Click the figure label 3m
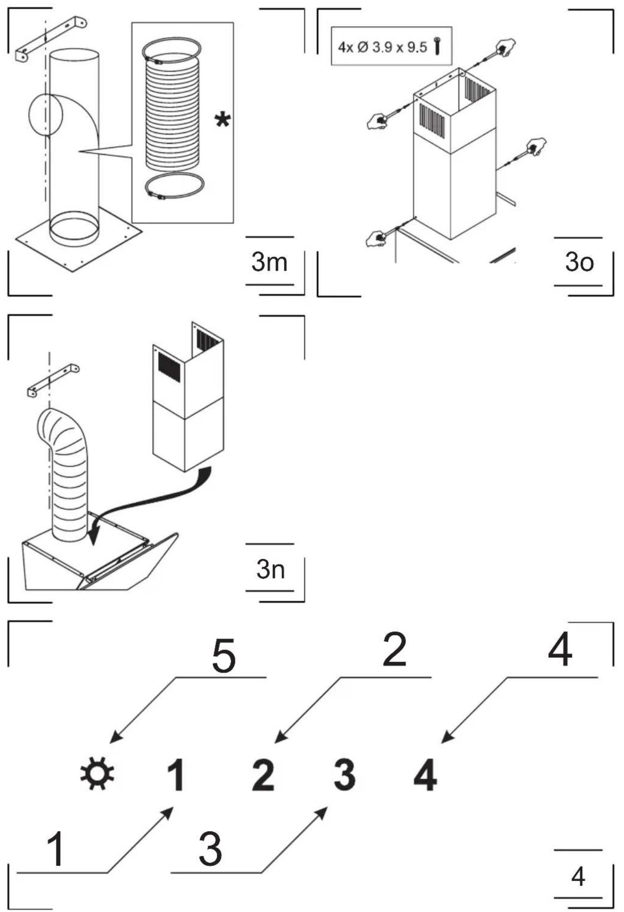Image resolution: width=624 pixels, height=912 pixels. coord(269,262)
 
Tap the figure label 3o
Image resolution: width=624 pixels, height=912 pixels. coord(579,262)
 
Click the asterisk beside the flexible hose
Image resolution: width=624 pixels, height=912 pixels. coord(223,121)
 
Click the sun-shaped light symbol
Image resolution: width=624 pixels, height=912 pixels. coord(97,773)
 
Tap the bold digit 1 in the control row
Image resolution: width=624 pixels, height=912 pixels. coord(176,775)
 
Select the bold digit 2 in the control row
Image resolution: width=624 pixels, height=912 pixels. coord(263,775)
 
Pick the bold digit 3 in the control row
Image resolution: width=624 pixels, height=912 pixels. coord(345,775)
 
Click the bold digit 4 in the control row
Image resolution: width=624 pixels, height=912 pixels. coord(425,775)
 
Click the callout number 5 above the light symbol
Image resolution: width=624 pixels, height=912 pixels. coord(224,655)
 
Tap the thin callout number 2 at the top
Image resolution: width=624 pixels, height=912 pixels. coord(395,650)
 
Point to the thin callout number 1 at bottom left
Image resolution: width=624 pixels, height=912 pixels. coord(56,848)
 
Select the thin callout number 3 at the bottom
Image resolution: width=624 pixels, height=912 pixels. coord(210,848)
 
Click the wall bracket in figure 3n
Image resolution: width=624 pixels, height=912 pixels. coord(53,379)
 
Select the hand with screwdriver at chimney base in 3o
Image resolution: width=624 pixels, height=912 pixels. coord(378,237)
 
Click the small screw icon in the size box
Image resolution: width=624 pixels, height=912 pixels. coord(438,46)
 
